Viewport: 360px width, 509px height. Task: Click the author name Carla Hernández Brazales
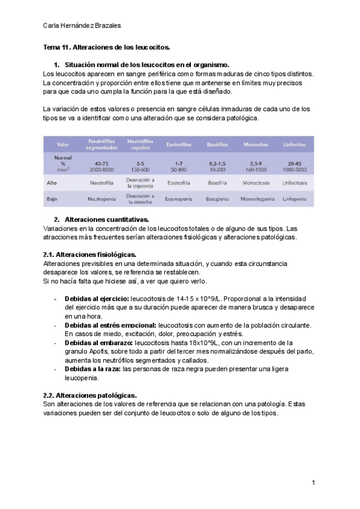pyautogui.click(x=82, y=25)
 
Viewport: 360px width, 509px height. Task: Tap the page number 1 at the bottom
pyautogui.click(x=313, y=483)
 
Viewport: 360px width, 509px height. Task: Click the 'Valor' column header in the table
pyautogui.click(x=63, y=145)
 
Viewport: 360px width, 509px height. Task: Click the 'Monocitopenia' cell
pyautogui.click(x=257, y=198)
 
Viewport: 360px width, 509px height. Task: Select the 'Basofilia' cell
pyautogui.click(x=217, y=182)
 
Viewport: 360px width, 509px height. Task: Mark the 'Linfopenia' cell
pyautogui.click(x=295, y=198)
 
